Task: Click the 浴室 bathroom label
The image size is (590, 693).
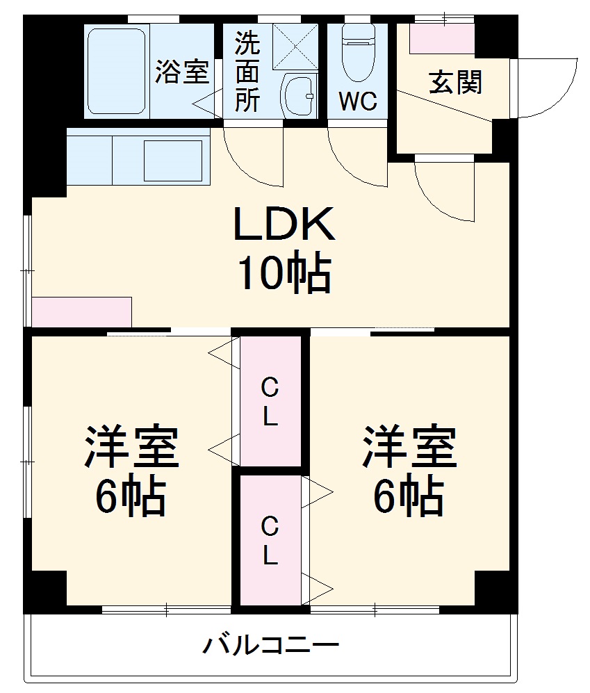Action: click(181, 72)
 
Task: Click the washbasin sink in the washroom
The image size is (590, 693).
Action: click(299, 97)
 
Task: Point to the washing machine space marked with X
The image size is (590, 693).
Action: click(295, 47)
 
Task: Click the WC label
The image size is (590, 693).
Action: click(358, 101)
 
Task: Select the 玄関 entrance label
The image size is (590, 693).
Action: click(455, 82)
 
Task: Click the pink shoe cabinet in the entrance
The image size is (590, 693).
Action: click(442, 40)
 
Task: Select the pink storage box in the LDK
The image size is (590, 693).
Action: click(82, 311)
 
